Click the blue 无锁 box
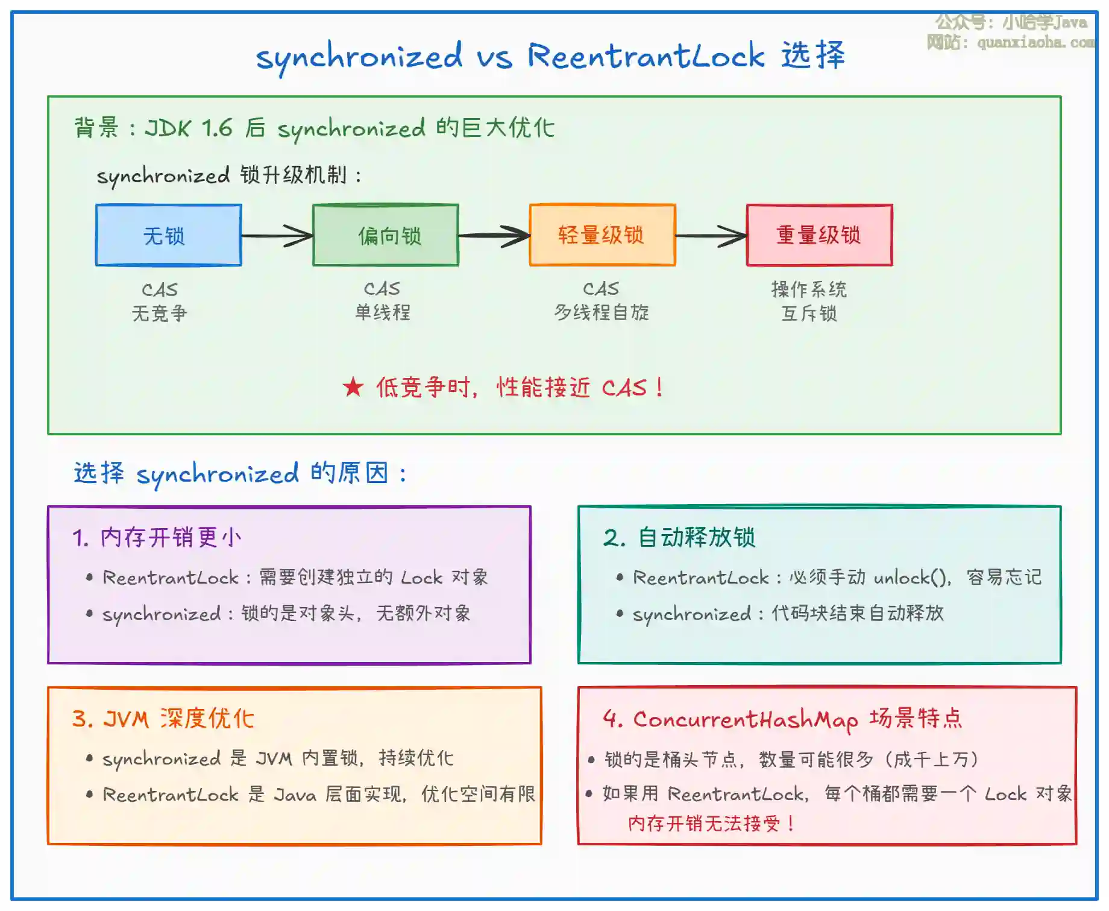(169, 235)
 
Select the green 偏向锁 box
(386, 235)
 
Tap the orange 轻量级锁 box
(602, 235)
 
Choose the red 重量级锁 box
(819, 235)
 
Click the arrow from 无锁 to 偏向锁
(277, 236)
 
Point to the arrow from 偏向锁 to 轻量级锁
(494, 236)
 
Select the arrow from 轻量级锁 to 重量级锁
(711, 236)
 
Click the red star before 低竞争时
(353, 387)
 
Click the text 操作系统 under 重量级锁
(809, 289)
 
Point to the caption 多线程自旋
(602, 312)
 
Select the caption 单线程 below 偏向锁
(382, 312)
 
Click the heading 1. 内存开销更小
(157, 537)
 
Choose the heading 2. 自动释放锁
(679, 537)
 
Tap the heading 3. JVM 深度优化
(163, 719)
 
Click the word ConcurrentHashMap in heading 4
(746, 719)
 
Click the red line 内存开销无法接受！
(712, 824)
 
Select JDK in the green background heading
(168, 128)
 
